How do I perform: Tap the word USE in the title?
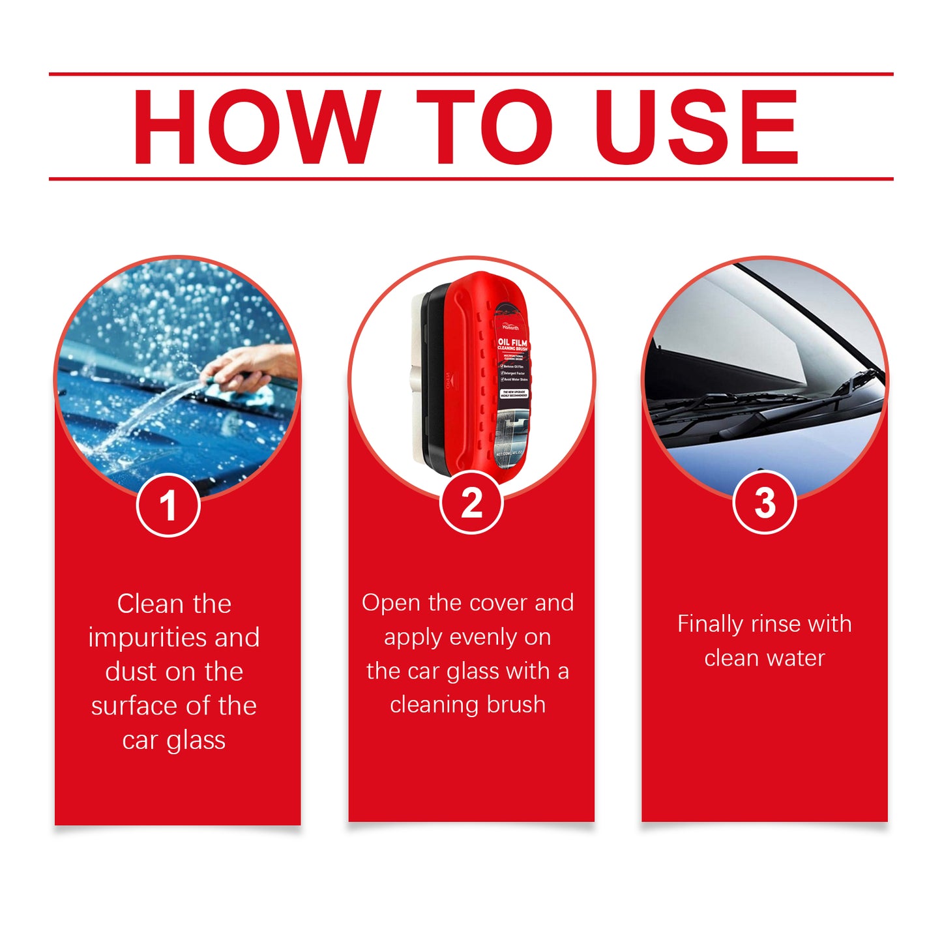coord(696,127)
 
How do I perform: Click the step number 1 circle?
coord(168,505)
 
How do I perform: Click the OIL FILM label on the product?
coord(512,343)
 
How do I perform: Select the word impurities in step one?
coord(147,638)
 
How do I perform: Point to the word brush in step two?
coord(516,705)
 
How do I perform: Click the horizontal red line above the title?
coord(471,74)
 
